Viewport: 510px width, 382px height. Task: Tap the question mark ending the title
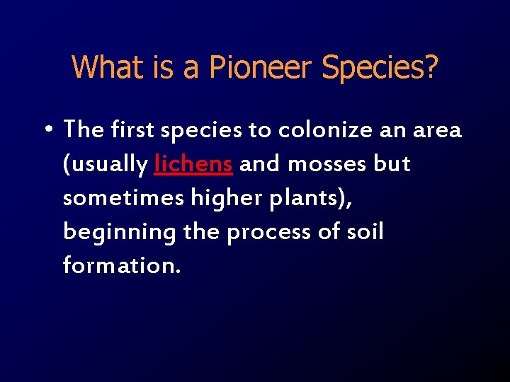(430, 67)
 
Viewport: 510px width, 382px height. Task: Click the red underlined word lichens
(193, 164)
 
